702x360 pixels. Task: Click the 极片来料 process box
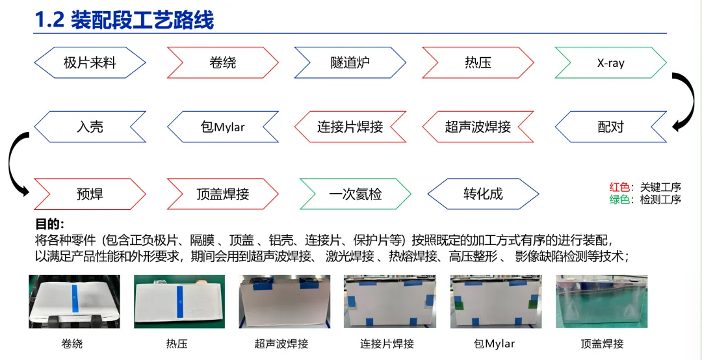90,63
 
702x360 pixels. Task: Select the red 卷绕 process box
223,63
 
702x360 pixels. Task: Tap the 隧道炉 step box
350,63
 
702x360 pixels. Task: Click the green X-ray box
610,63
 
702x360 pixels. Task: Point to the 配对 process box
610,127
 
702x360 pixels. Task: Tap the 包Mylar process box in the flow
223,127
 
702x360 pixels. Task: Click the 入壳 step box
90,127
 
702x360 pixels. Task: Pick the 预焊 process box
90,194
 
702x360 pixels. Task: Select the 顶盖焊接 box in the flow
223,194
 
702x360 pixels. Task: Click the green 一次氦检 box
355,194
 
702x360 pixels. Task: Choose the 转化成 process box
483,194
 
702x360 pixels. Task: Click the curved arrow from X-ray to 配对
682,101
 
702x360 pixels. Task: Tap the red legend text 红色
619,188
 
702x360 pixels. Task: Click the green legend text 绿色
619,199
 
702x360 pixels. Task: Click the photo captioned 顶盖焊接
602,302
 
